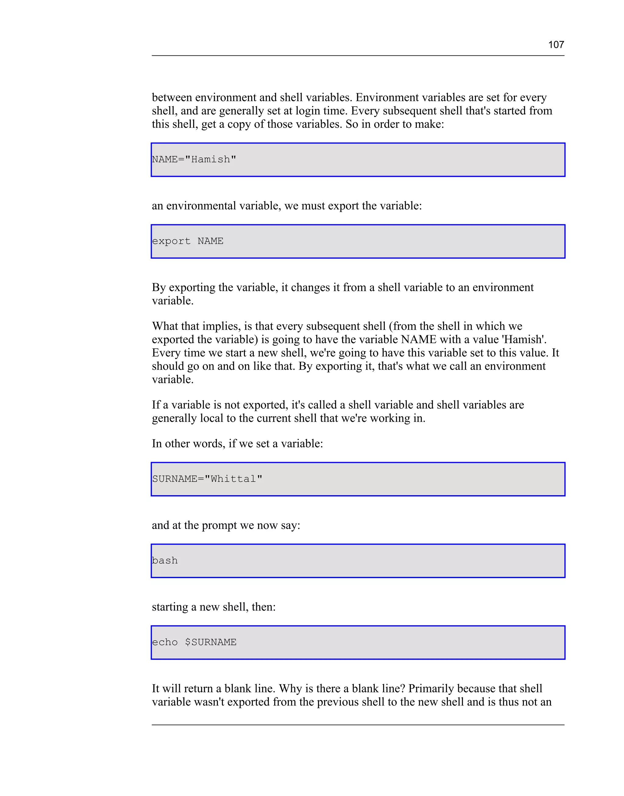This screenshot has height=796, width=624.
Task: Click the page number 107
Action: tap(556, 44)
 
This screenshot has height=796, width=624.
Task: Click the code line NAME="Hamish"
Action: tap(194, 160)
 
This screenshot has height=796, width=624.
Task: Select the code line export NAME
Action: tap(187, 241)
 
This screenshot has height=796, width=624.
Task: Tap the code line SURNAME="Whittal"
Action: tap(207, 479)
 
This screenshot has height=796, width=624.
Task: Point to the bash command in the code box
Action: tap(165, 561)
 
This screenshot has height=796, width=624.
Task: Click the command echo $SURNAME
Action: tap(194, 643)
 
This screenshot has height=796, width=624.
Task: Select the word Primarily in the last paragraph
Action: tap(431, 689)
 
